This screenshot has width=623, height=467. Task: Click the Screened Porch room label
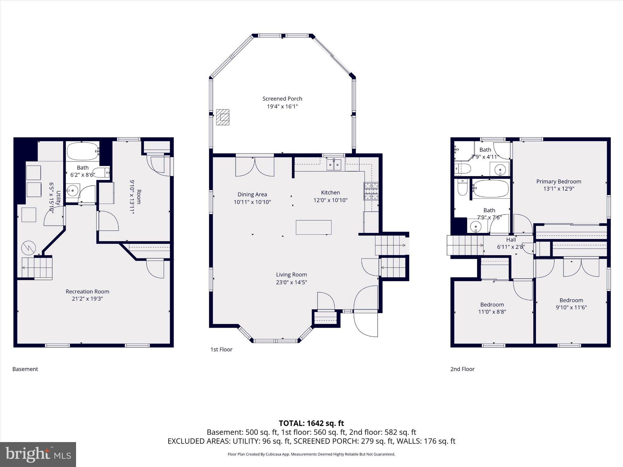(x=282, y=99)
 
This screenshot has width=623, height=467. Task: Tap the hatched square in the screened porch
(x=223, y=117)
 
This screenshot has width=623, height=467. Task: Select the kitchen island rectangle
(x=313, y=227)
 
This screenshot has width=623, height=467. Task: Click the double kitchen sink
(x=334, y=164)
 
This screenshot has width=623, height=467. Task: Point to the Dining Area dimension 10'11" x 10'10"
(x=252, y=202)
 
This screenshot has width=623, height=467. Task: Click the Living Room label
(x=291, y=275)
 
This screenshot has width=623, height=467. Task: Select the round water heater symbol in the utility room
(x=29, y=248)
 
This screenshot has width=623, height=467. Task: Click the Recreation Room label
(x=87, y=291)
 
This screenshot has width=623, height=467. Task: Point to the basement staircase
(x=37, y=268)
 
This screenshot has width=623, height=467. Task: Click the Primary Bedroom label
(x=559, y=182)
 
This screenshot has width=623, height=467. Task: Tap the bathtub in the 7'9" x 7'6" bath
(x=490, y=189)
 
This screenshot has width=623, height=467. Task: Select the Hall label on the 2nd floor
(x=511, y=240)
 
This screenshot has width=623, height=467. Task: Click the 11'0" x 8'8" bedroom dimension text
(x=492, y=312)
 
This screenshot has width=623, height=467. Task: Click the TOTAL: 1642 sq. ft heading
(x=311, y=423)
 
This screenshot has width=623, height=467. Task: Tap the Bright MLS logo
(x=38, y=454)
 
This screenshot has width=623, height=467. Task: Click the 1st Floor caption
(x=221, y=349)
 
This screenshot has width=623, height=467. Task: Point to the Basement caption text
(x=25, y=369)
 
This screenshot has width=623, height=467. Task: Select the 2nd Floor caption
(x=462, y=369)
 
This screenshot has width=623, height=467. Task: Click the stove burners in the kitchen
(x=371, y=191)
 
